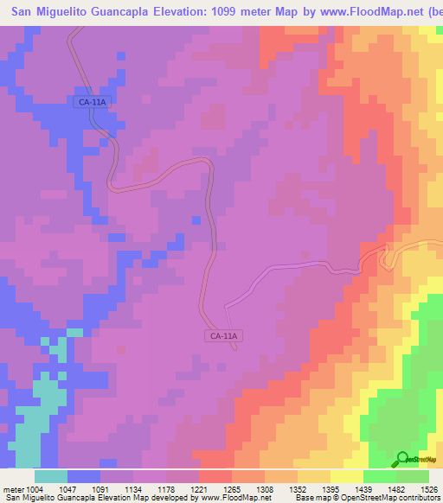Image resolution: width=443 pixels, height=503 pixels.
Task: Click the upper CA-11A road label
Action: (x=91, y=102)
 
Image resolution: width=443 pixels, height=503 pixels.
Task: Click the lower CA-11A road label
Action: (x=223, y=336)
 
